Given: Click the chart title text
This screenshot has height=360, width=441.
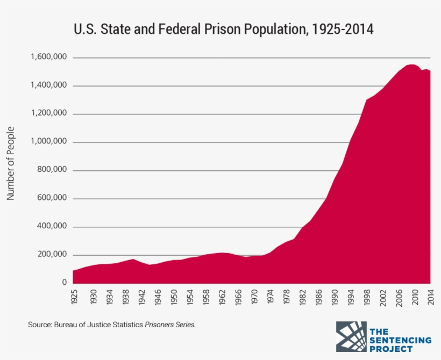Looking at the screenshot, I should click(223, 30).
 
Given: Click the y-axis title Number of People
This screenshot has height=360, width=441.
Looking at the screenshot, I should click(10, 163).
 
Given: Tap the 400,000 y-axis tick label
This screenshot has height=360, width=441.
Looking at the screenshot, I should click(51, 227).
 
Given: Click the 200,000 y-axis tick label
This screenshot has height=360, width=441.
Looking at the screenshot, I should click(51, 255).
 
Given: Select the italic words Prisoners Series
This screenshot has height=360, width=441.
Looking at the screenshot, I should click(170, 325).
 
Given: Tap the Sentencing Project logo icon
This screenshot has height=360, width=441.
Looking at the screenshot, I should click(351, 337).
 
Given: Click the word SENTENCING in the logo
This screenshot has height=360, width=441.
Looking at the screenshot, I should click(400, 340).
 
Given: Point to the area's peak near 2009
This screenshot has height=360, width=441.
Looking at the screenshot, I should click(411, 65).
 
